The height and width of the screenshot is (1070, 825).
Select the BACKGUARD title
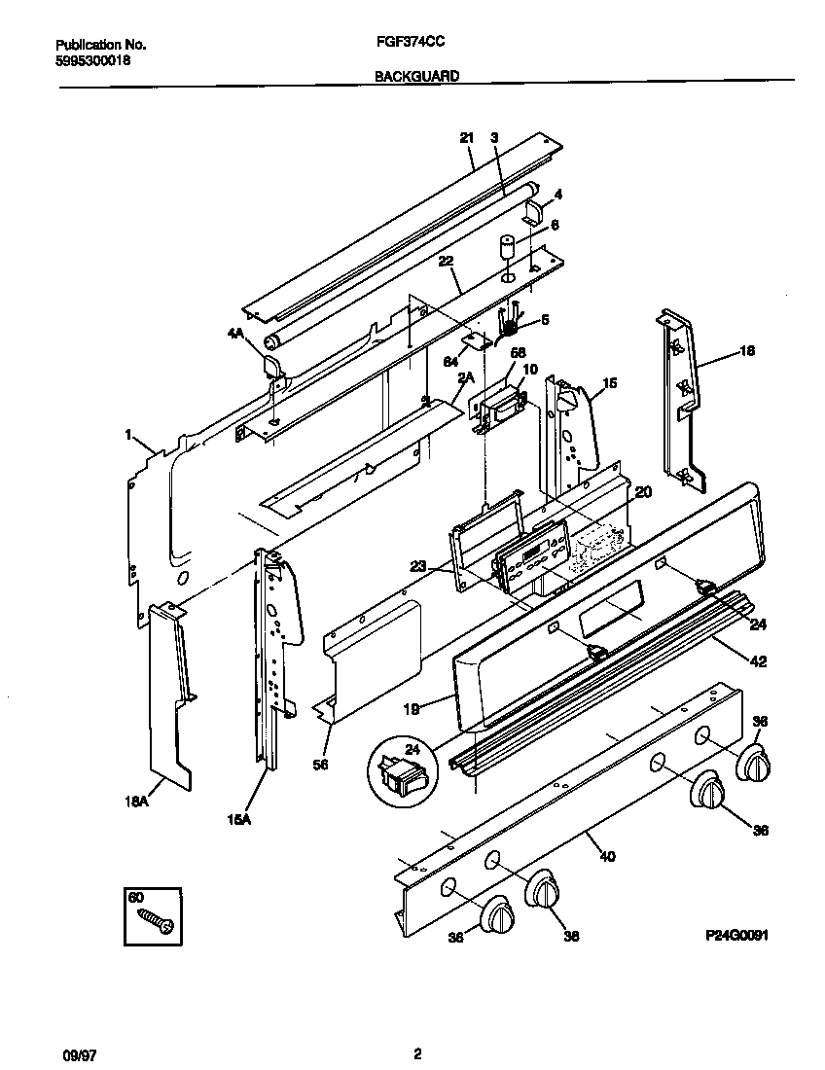point(416,75)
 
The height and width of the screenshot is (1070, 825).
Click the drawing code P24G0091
point(737,934)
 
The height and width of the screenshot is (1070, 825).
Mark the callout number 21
point(466,138)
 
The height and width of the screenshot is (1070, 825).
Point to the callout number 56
point(321,765)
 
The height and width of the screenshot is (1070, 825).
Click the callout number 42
point(758,661)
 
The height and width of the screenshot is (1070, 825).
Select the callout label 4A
point(235,334)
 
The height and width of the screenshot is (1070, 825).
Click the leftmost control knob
point(499,917)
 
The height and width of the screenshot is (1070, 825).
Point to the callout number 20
point(642,492)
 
